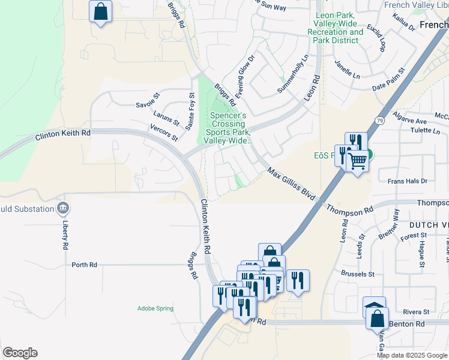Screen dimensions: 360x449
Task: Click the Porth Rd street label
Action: point(84,265)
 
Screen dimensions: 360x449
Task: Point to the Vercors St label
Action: point(165,133)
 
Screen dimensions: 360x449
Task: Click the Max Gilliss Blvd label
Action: point(292,185)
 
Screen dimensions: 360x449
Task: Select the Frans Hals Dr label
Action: point(407,181)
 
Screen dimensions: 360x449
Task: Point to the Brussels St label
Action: point(357,274)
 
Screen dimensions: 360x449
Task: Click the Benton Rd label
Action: point(407,324)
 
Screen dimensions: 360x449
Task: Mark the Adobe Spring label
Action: point(155,308)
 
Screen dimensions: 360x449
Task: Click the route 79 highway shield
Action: point(379,121)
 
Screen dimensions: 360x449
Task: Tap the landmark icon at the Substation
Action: point(62,209)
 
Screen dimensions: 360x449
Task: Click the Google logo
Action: point(20,353)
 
